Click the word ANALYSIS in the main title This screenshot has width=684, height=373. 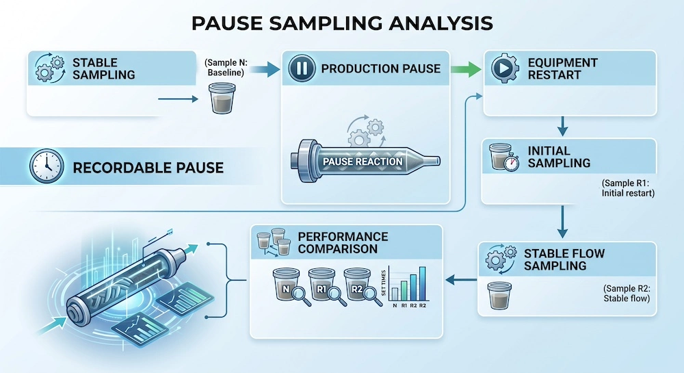[x=440, y=23]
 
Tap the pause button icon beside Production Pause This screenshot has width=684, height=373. [x=302, y=68]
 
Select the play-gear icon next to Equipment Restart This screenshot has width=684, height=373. [x=505, y=68]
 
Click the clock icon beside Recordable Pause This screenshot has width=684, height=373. [x=47, y=166]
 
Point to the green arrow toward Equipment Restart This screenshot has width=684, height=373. [x=465, y=69]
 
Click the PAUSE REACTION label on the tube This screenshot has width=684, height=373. [x=363, y=162]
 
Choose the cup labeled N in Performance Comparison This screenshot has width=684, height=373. [x=286, y=283]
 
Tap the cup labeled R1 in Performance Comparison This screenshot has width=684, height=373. [x=321, y=283]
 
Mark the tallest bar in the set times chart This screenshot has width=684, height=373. [x=422, y=283]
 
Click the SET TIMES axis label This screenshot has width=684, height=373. [x=384, y=283]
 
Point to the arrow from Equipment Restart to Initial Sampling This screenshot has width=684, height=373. [x=563, y=126]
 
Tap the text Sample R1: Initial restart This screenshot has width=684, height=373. [x=628, y=188]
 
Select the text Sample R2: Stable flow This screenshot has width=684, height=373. [x=627, y=293]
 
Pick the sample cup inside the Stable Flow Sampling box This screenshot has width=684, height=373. [x=499, y=296]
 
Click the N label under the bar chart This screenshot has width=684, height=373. [x=395, y=305]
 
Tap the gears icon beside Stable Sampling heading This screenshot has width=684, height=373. [x=49, y=68]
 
